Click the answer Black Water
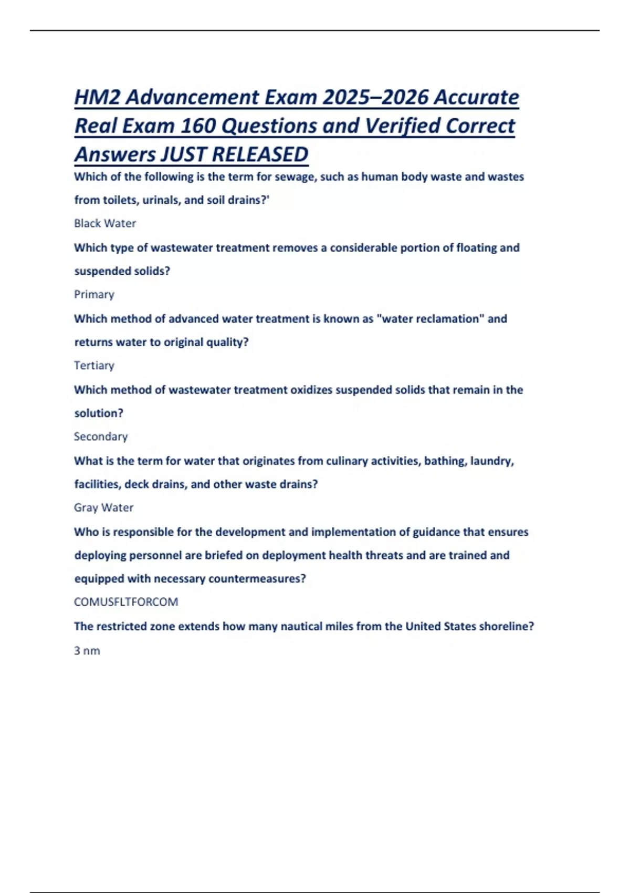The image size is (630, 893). pos(105,223)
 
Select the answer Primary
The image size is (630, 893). pos(94,294)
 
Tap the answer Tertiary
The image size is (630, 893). pos(94,365)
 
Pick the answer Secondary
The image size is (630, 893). pos(101,437)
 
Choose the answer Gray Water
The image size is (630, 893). pos(103,507)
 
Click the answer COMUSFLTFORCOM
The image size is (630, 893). pos(126,602)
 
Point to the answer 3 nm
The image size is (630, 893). pos(87,650)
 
